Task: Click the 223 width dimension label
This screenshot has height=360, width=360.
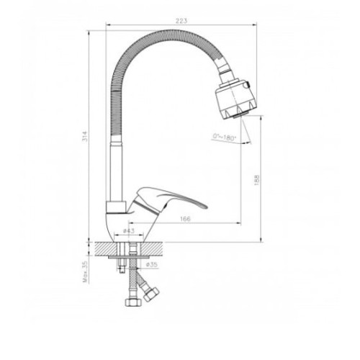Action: point(181,21)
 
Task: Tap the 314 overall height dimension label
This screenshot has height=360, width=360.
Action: point(86,136)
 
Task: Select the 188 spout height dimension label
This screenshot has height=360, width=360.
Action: point(256,180)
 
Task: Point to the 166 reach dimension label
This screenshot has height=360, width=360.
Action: point(185,219)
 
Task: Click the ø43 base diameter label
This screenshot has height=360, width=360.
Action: point(129,230)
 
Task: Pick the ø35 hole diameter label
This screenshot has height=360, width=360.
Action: point(152,264)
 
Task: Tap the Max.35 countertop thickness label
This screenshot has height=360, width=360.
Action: point(86,271)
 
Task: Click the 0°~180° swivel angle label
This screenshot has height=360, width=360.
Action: point(225,138)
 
